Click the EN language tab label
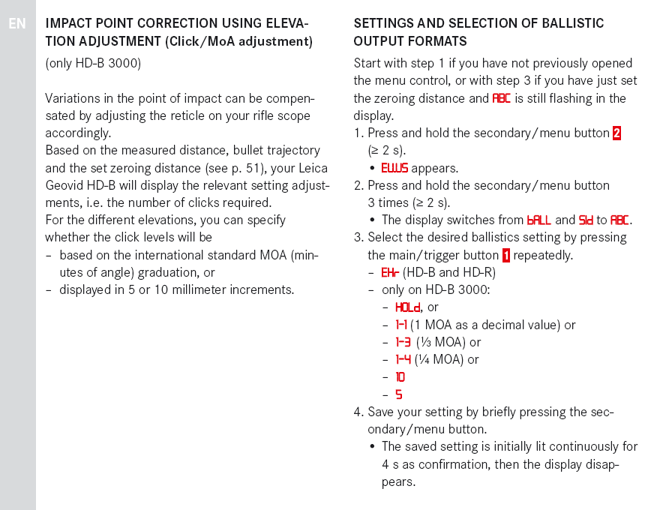17,24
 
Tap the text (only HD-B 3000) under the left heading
93,63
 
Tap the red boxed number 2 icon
616,133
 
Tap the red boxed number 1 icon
506,255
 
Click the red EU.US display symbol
394,168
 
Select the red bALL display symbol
539,220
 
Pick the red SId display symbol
586,220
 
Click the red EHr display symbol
390,272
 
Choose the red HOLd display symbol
408,307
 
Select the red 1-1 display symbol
401,325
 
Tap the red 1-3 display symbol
403,342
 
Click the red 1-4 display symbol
403,359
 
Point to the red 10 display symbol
400,377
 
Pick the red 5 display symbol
399,394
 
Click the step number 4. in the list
358,412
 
